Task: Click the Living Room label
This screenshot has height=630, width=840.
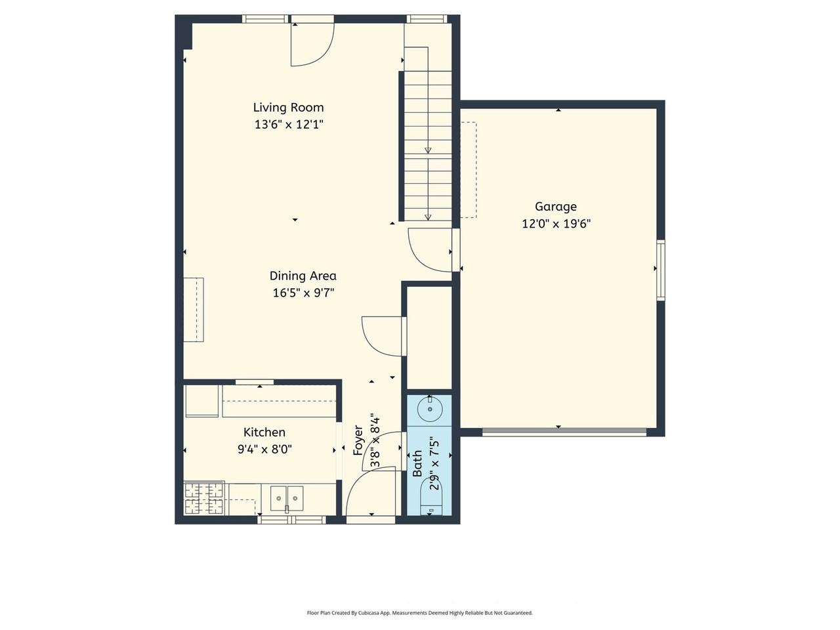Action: coord(288,107)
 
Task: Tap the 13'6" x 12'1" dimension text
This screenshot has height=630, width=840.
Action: coord(288,124)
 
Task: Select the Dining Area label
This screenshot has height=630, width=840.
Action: coord(303,276)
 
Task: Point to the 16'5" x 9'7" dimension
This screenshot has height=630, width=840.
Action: coord(303,293)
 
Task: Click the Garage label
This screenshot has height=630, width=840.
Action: coord(555,206)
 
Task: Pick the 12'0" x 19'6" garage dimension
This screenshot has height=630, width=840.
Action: coord(556,224)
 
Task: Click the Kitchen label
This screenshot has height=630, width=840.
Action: coord(264,432)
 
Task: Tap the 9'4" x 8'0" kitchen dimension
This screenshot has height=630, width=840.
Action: coord(264,450)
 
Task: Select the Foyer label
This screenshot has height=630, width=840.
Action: coord(358,440)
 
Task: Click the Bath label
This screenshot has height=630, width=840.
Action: coord(417,463)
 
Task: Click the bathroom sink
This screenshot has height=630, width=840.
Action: coord(430,409)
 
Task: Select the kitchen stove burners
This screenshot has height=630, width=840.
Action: coord(204,498)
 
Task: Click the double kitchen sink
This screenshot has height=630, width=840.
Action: coord(287,499)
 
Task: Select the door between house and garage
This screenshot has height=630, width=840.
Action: coord(431,249)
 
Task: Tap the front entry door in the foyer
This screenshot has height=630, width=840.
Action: coord(371,495)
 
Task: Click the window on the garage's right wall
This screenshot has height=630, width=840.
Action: coord(661,270)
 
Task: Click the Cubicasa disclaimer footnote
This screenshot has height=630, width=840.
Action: coord(419,613)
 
